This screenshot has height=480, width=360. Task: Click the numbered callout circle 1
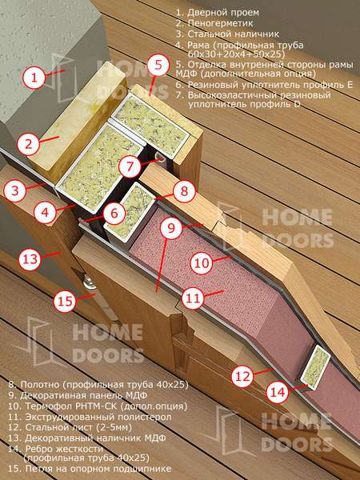tap(34, 77)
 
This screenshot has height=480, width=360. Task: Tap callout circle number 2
tap(29, 143)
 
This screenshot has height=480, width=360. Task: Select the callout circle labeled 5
tap(158, 66)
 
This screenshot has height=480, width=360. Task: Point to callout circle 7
tap(130, 166)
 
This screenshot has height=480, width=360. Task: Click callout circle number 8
tap(184, 191)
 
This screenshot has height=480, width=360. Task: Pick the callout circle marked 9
tap(171, 228)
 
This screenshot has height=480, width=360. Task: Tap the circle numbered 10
tap(202, 263)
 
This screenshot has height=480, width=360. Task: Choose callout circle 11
tap(193, 298)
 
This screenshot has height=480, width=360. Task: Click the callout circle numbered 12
tap(242, 376)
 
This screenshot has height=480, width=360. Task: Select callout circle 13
tap(30, 259)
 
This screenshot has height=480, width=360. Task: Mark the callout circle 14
tap(278, 392)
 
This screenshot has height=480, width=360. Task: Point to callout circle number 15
tap(65, 302)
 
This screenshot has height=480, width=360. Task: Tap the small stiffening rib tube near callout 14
tap(315, 367)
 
